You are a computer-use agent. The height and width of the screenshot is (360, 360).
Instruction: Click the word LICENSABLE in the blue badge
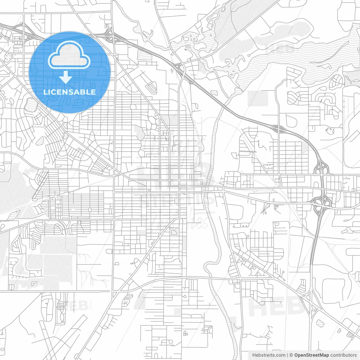(69, 92)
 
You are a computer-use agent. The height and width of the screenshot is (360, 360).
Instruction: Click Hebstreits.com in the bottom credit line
(269, 355)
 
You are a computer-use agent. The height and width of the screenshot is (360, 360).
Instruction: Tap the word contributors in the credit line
(343, 355)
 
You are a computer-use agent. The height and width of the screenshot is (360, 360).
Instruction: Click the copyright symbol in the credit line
(291, 355)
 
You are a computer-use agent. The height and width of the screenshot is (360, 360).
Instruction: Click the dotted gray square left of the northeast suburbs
(258, 98)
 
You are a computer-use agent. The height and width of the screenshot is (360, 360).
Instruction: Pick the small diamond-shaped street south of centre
(185, 296)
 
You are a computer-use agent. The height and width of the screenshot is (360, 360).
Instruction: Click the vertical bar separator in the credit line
(287, 355)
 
